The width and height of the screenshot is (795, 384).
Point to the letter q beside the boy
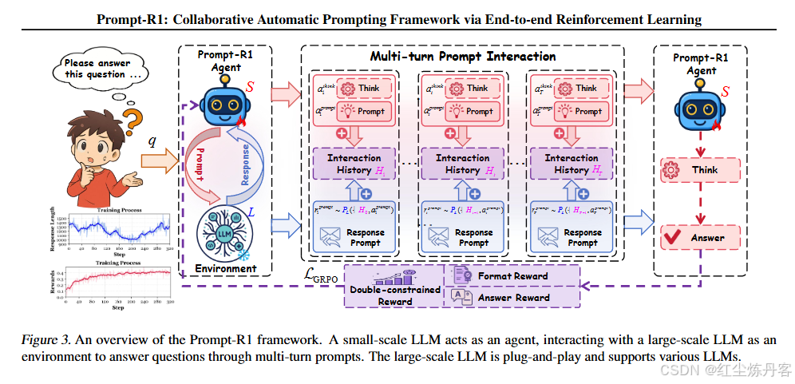point(152,141)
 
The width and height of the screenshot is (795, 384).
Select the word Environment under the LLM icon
point(225,269)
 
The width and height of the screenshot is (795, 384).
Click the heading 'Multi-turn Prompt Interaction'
point(463,57)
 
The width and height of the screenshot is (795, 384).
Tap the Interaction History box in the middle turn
point(462,164)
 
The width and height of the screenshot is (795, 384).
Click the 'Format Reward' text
point(512,276)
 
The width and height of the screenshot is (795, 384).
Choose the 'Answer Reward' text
point(513,298)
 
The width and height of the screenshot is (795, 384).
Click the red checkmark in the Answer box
point(673,237)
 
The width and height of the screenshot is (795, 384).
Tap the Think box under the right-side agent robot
point(700,169)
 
